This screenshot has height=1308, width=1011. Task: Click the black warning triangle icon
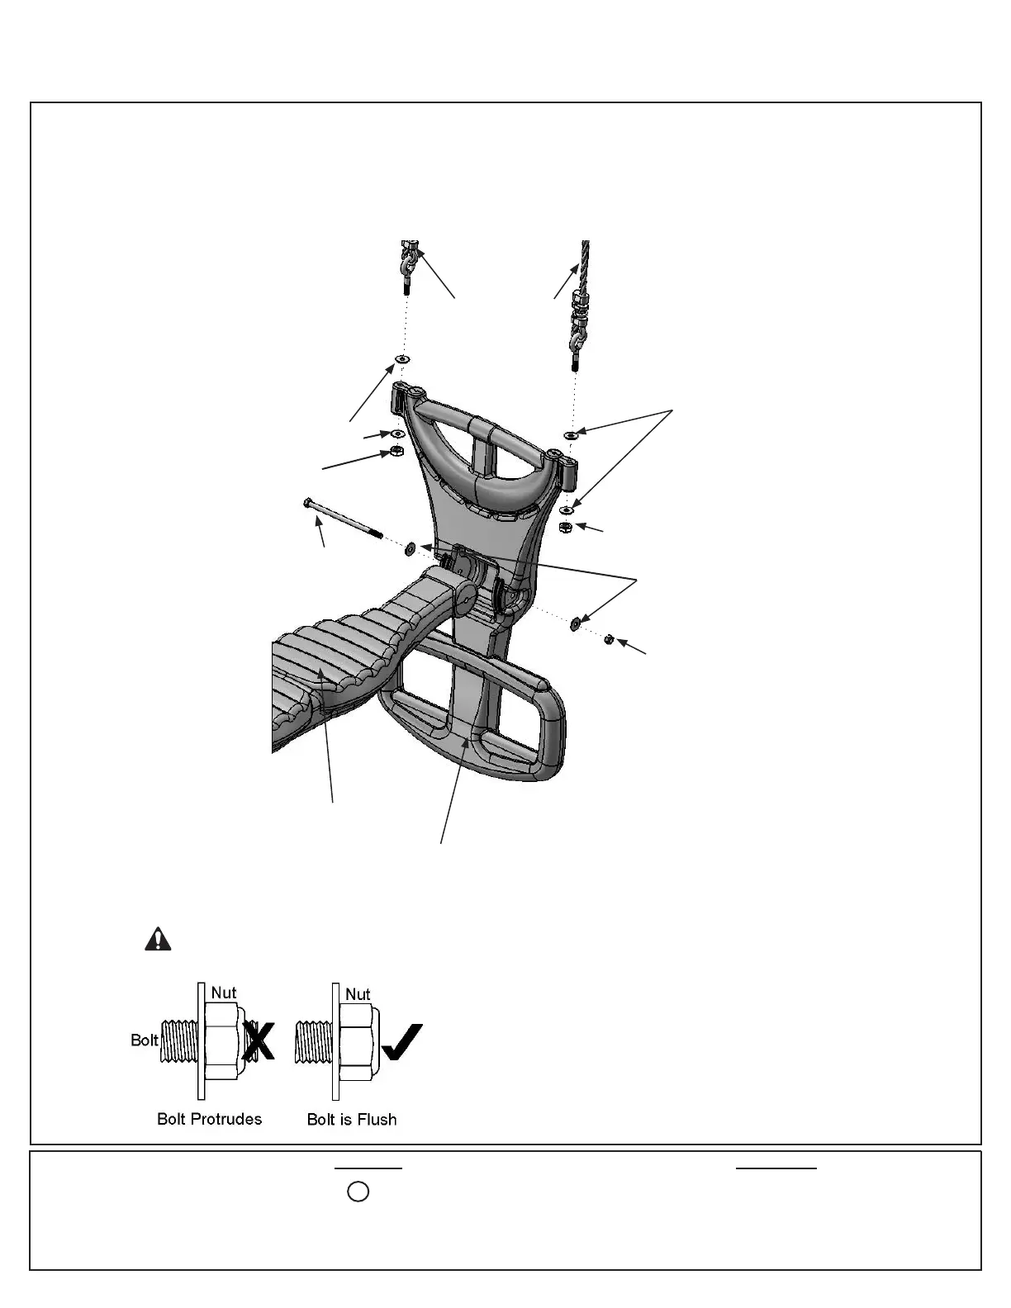click(158, 939)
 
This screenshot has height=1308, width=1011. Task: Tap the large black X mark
click(259, 1040)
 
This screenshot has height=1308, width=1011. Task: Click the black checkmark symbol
click(403, 1042)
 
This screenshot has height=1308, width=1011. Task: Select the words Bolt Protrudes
click(209, 1119)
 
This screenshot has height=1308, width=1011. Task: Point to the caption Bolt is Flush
click(352, 1120)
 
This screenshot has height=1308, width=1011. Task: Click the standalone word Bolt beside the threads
click(145, 1040)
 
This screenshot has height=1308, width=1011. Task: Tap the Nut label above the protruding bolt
click(224, 993)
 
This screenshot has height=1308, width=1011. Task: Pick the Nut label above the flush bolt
click(358, 995)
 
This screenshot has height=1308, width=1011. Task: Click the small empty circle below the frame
click(358, 1192)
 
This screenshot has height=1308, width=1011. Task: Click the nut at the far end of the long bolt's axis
click(610, 639)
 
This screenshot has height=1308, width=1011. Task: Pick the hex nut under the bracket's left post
click(396, 452)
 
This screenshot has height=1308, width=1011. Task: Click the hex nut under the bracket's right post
click(566, 527)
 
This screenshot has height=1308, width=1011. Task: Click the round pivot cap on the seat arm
click(463, 598)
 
